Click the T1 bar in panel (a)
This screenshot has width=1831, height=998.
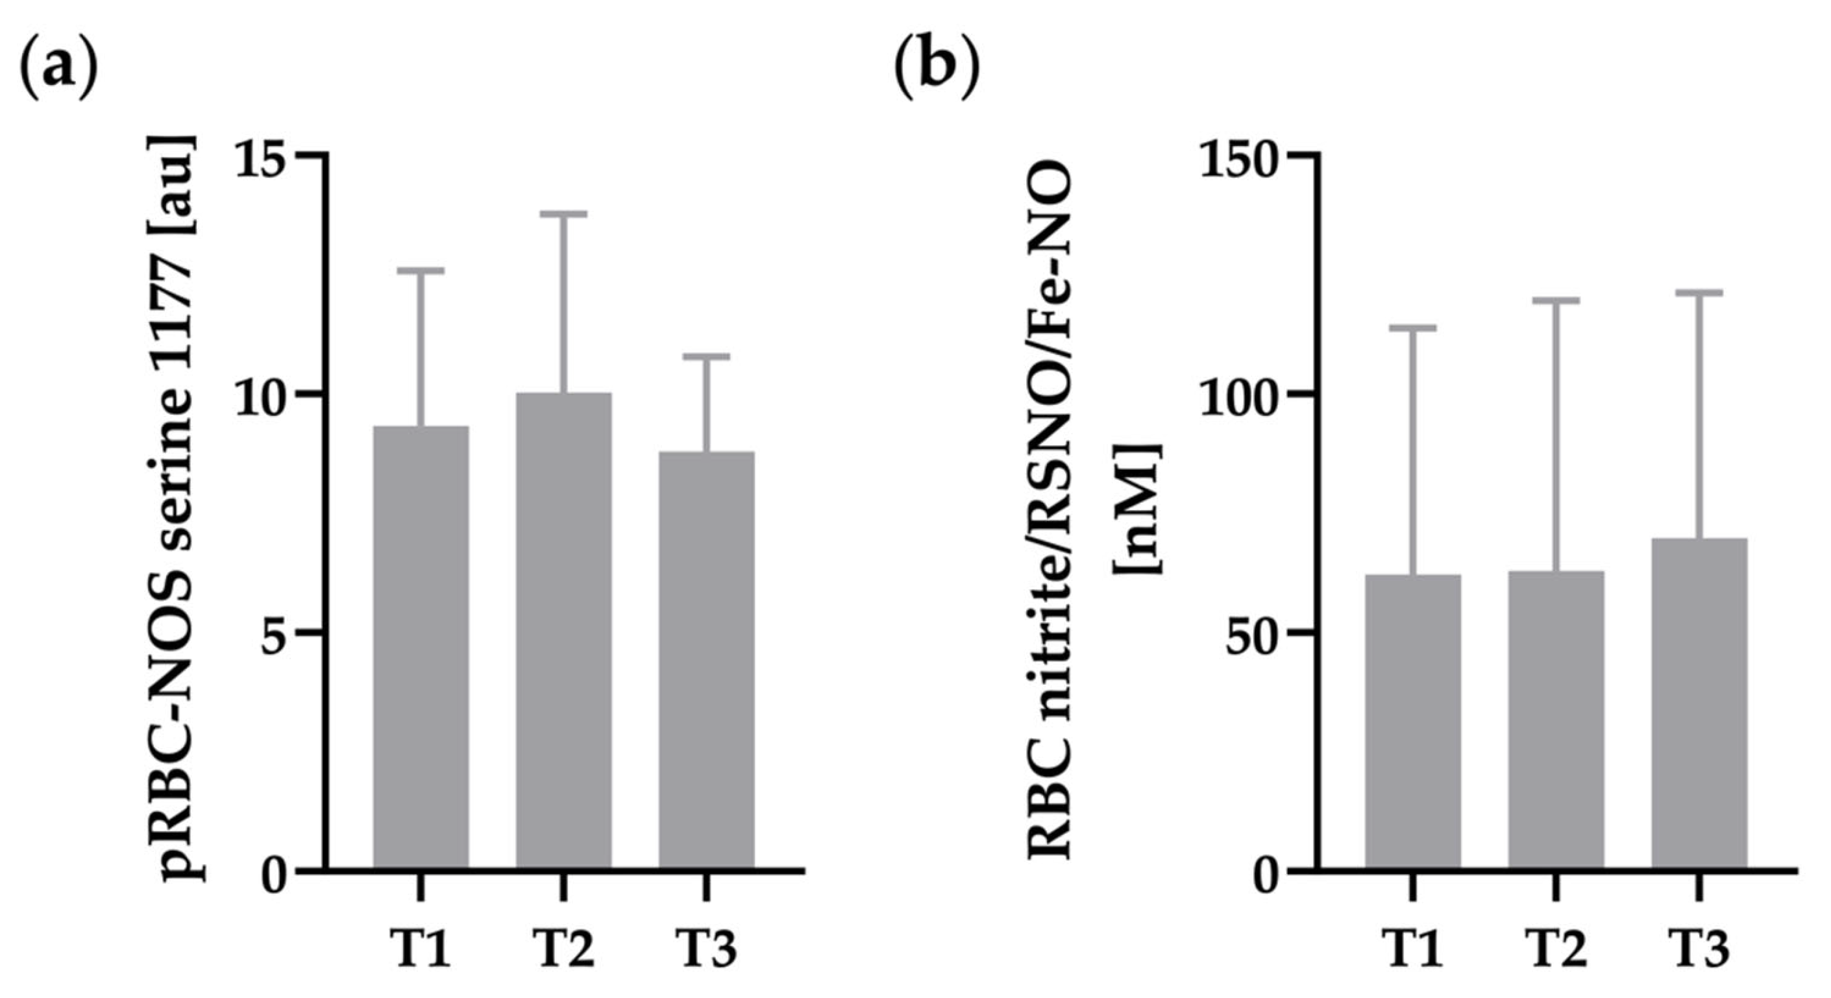[421, 647]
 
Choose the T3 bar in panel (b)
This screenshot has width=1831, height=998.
[1699, 703]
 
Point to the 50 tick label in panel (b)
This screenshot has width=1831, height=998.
[1254, 632]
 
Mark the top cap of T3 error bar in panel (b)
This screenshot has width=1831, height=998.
[1699, 292]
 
